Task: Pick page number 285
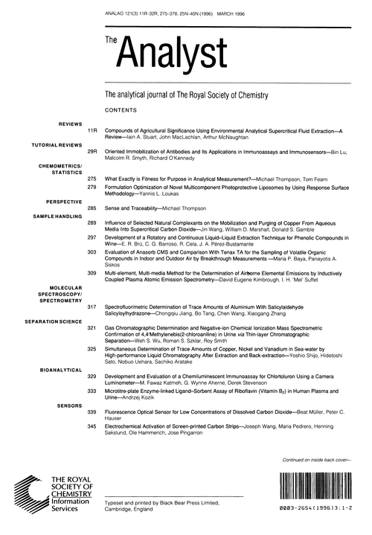pos(92,210)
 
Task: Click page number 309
pos(92,273)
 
